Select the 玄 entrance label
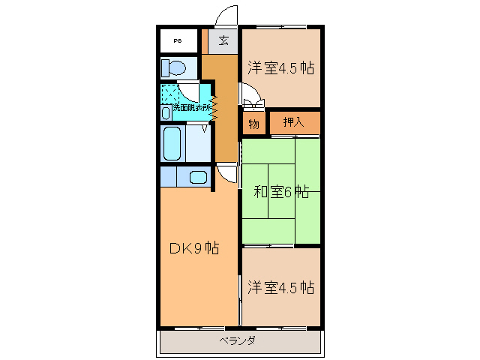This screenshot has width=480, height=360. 223,40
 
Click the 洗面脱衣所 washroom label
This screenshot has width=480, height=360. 192,108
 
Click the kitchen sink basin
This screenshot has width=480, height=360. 197,177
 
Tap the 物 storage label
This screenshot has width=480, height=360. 253,124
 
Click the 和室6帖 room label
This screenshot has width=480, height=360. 280,192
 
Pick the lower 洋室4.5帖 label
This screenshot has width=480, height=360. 280,287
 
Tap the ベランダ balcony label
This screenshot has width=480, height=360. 238,341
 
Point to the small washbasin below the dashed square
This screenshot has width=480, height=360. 166,112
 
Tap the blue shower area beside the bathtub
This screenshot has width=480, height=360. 198,143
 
